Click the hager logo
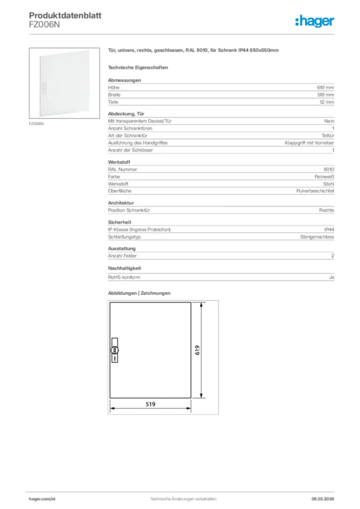point(314,21)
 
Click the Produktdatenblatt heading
point(65,16)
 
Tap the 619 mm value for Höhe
point(326,87)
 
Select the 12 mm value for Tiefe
point(327,102)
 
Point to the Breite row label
point(114,94)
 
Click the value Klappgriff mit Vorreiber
point(309,143)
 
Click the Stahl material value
point(329,184)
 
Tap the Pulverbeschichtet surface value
point(315,191)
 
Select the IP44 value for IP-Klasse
point(329,230)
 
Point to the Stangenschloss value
point(317,237)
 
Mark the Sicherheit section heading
point(119,222)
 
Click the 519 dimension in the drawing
point(151,404)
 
